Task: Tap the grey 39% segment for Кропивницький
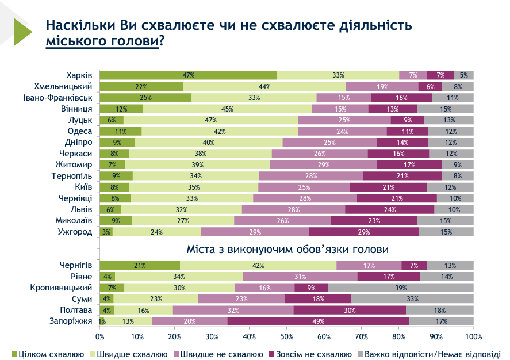401,288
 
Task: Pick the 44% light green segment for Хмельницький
264,86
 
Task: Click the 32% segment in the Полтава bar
233,310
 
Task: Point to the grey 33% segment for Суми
412,298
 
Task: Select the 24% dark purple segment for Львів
390,209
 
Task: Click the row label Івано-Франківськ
62,97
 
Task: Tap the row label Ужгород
75,231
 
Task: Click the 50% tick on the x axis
287,336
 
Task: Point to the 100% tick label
473,336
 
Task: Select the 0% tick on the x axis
100,336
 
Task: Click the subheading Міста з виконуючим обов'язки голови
287,250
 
